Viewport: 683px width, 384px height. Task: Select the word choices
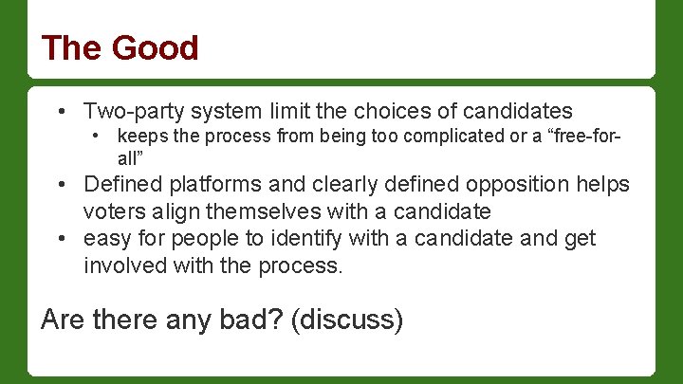click(x=378, y=110)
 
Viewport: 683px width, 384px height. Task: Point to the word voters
click(x=112, y=210)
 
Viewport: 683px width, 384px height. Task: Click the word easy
click(x=106, y=238)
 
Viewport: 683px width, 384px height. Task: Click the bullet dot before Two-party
click(x=62, y=111)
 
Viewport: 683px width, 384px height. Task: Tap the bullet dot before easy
click(x=62, y=239)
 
